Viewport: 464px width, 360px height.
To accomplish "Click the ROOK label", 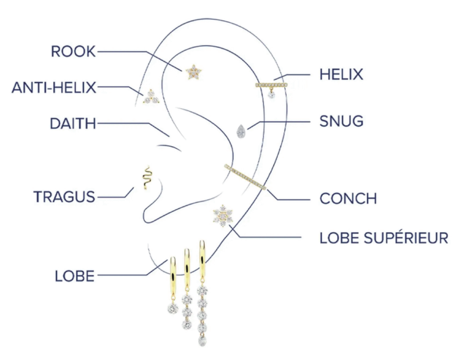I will click(x=73, y=52).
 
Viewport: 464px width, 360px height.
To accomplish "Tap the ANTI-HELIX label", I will click(x=54, y=87).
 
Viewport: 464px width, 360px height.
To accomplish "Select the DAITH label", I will click(x=73, y=123).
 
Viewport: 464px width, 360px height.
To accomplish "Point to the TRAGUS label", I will click(x=64, y=197).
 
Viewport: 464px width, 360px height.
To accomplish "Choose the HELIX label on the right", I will click(x=341, y=74).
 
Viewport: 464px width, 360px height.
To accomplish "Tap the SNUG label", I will click(x=341, y=121).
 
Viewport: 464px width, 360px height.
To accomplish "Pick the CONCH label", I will click(x=348, y=198).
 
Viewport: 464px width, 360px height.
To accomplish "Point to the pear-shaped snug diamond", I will click(x=240, y=131).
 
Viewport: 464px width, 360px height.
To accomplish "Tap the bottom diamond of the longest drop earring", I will click(x=201, y=340).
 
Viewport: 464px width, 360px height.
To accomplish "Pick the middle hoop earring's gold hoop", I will click(x=187, y=270).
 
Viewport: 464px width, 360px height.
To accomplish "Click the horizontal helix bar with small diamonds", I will click(x=271, y=84).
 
